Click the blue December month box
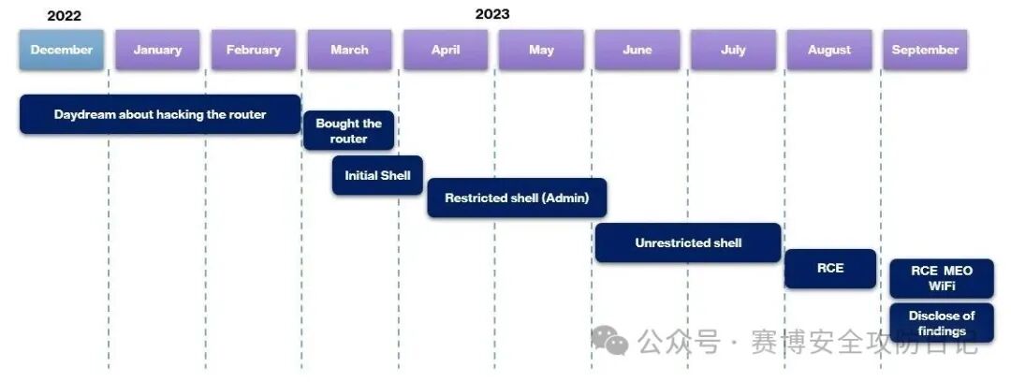tap(61, 50)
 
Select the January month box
tap(157, 50)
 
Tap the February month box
tap(254, 50)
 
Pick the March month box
tap(349, 50)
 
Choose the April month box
tap(446, 50)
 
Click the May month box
tap(542, 50)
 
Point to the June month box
tap(637, 50)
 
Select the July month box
tap(733, 50)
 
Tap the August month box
tap(829, 50)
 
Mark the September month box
tap(925, 50)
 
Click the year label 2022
tap(65, 16)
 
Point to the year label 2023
tap(492, 14)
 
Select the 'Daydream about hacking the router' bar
tap(160, 114)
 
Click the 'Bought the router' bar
tap(349, 131)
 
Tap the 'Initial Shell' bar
tap(378, 175)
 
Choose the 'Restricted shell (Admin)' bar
tap(517, 198)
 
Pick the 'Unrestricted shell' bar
tap(688, 242)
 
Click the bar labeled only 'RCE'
tap(830, 269)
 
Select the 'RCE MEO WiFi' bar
tap(942, 278)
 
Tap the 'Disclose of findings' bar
tap(942, 323)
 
